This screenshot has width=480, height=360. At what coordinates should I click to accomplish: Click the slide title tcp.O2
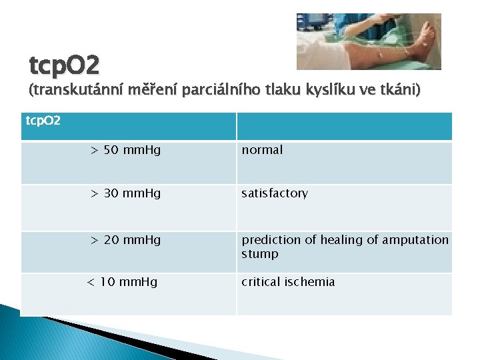pos(65,65)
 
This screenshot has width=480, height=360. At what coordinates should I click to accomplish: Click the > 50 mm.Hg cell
pos(125,150)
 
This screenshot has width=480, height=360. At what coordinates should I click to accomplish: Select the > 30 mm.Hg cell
pos(125,193)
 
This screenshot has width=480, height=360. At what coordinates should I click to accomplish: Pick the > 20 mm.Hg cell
pos(125,239)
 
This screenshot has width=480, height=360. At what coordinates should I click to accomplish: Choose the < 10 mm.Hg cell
pos(123,282)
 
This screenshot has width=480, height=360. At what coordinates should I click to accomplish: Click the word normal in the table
pos(262,150)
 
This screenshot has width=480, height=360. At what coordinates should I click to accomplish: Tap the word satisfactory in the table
pos(275,193)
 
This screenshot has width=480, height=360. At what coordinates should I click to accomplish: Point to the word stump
pos(260,254)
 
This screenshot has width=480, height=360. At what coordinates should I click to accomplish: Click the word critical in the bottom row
pos(261,282)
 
